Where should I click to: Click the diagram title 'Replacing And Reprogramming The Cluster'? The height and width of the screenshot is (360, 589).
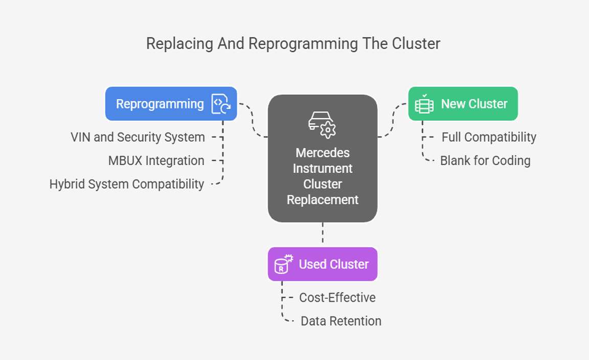pos(293,43)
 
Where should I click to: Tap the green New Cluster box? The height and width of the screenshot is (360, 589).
pos(463,104)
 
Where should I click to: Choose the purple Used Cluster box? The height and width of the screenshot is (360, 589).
pos(322,264)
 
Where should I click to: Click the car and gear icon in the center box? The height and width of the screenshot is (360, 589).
pos(322,124)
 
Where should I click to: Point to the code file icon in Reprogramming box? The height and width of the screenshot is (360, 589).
pos(221,104)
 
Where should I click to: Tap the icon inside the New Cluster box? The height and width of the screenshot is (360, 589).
pos(424,104)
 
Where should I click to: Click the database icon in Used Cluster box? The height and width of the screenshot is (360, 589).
pos(283,264)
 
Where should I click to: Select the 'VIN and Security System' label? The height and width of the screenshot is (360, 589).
pos(138,137)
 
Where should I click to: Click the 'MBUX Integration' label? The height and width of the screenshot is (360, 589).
pos(156,161)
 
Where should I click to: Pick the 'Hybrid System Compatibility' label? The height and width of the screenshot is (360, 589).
pos(126,184)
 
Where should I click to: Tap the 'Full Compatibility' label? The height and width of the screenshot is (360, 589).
pos(489,137)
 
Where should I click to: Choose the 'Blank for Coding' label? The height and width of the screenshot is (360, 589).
pos(485,161)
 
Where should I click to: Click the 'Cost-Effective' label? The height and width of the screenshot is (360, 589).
pos(337,298)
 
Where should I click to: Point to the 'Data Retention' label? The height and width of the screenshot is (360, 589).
pos(341,321)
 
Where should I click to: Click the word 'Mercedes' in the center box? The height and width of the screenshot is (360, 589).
pos(322,153)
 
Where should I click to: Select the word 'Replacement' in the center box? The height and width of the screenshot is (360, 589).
pos(322,199)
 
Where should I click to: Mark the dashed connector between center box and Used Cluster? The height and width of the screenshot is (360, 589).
pos(323,235)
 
